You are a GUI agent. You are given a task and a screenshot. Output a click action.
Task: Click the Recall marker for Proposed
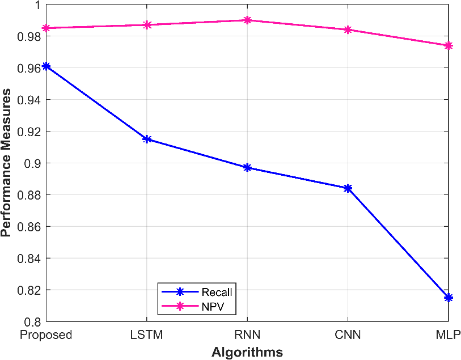pyautogui.click(x=46, y=66)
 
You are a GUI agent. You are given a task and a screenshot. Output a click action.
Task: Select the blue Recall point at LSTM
pyautogui.click(x=147, y=139)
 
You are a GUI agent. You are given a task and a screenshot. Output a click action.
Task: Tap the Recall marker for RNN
pyautogui.click(x=247, y=168)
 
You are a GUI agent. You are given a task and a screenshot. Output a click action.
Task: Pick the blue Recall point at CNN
pyautogui.click(x=348, y=188)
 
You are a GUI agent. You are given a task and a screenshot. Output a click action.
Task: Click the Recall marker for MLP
pyautogui.click(x=449, y=298)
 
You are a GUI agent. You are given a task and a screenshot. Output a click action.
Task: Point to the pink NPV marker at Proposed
pyautogui.click(x=46, y=28)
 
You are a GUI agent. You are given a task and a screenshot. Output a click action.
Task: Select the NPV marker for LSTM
pyautogui.click(x=147, y=25)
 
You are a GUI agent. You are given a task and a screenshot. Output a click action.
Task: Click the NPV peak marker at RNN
pyautogui.click(x=247, y=20)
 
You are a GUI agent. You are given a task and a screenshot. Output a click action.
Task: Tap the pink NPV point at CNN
pyautogui.click(x=348, y=29)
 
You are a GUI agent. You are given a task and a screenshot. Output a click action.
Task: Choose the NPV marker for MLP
pyautogui.click(x=449, y=45)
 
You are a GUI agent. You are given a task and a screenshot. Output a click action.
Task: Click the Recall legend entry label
pyautogui.click(x=217, y=292)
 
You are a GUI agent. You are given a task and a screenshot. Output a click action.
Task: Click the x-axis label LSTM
pyautogui.click(x=146, y=334)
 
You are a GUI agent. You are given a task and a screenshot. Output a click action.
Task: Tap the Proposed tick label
pyautogui.click(x=46, y=335)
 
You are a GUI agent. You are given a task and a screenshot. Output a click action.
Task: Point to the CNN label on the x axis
pyautogui.click(x=348, y=334)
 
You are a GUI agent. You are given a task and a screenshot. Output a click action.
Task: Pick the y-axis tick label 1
pyautogui.click(x=37, y=5)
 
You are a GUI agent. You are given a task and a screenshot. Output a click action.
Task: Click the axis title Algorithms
pyautogui.click(x=247, y=351)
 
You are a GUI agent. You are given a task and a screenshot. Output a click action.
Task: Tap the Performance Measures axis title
pyautogui.click(x=6, y=163)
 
